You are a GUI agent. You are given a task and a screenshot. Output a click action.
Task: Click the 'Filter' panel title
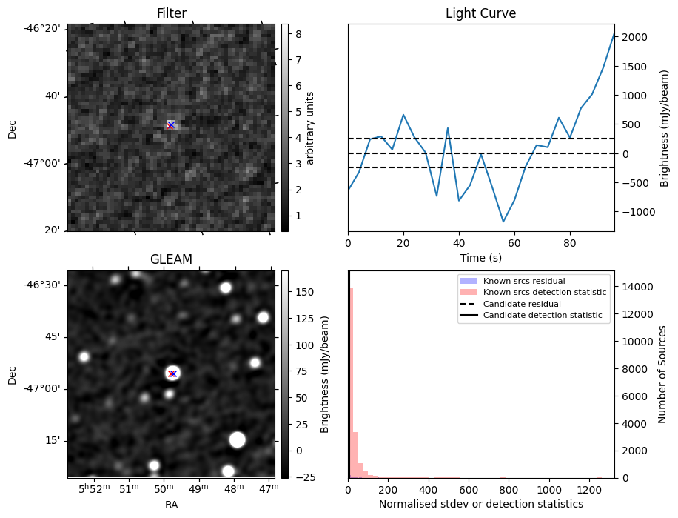[x=171, y=13]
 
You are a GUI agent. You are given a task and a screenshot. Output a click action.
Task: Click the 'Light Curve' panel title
[x=480, y=13]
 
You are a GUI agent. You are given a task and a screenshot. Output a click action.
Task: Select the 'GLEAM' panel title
[x=171, y=259]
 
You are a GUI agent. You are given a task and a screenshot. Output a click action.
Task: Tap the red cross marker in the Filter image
[x=171, y=125]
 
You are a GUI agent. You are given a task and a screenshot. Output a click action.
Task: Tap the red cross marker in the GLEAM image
[x=172, y=373]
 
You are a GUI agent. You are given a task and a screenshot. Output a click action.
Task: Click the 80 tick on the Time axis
[x=570, y=242]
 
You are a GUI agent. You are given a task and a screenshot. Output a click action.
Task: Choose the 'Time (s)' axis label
[x=480, y=256]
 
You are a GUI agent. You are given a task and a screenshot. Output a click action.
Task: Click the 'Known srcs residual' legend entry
[x=523, y=282]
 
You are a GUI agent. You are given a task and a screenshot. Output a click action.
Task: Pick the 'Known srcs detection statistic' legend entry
[x=544, y=293]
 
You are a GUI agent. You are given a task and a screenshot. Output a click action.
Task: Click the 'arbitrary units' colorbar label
[x=311, y=127]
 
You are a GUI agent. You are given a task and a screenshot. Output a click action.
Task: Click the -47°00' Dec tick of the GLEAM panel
[x=46, y=388]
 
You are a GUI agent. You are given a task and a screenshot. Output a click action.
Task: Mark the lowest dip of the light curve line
[x=503, y=222]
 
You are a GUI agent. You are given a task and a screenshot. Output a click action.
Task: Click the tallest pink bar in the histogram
[x=351, y=382]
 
